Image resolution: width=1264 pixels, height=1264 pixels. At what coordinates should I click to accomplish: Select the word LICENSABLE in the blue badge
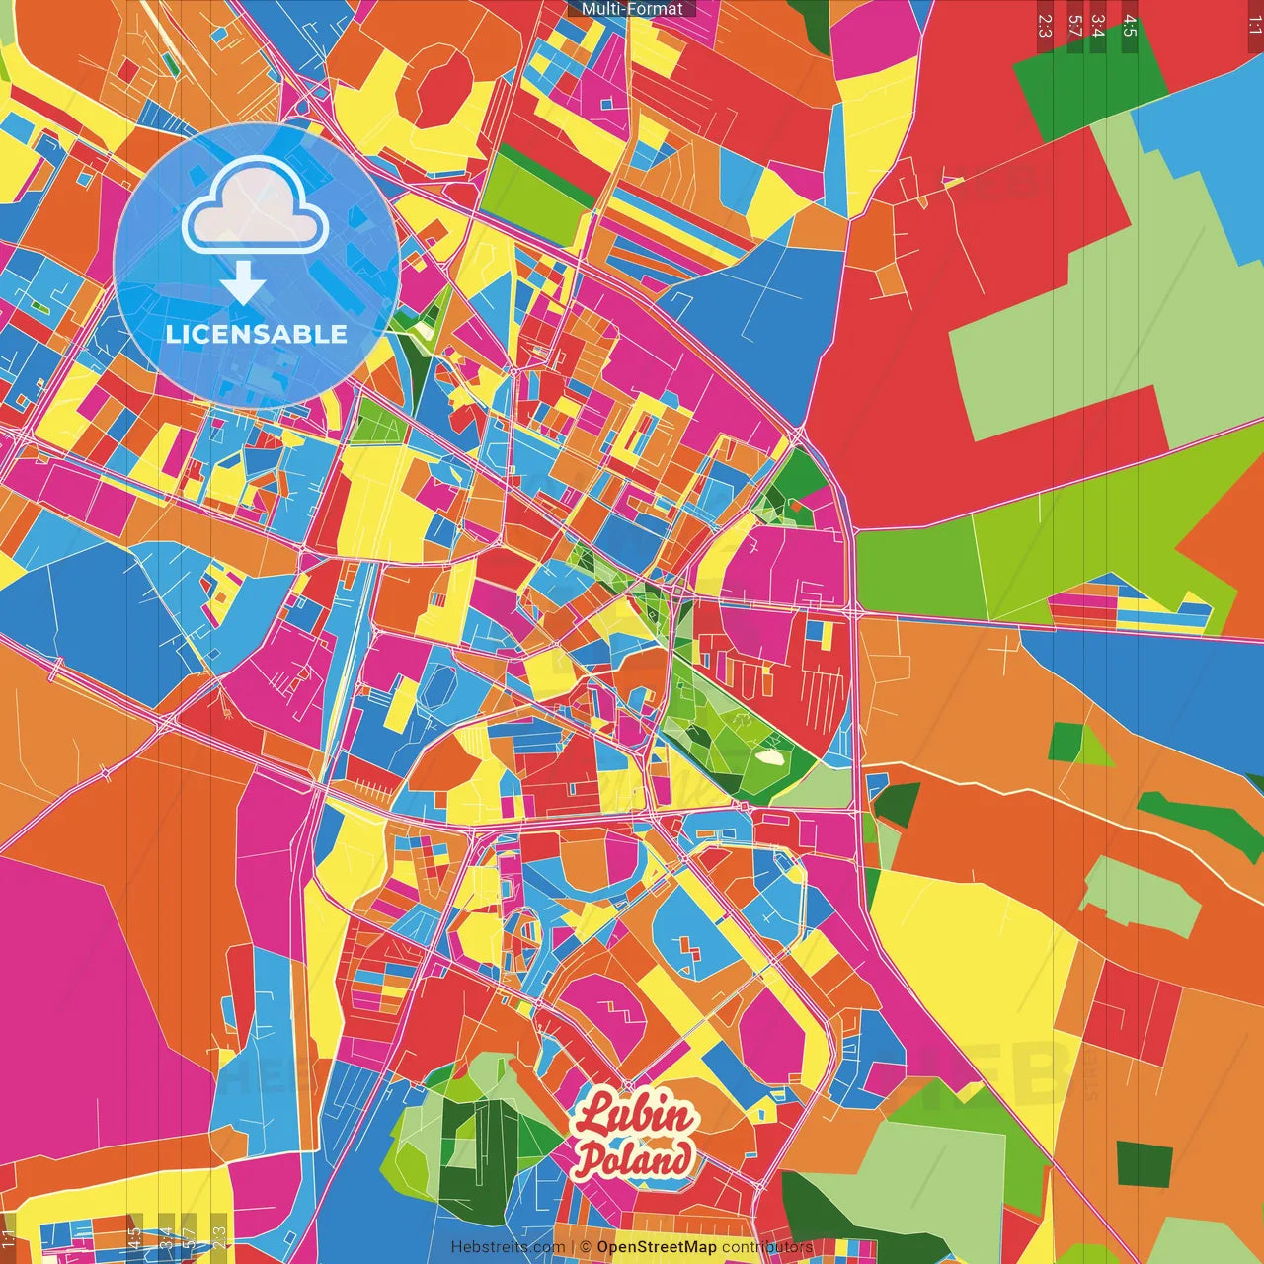pyautogui.click(x=257, y=334)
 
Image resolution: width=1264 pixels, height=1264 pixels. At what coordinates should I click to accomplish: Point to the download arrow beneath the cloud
pyautogui.click(x=243, y=286)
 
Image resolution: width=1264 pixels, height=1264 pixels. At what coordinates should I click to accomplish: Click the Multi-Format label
pyautogui.click(x=632, y=9)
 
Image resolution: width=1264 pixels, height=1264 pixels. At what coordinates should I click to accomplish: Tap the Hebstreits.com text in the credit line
pyautogui.click(x=508, y=1247)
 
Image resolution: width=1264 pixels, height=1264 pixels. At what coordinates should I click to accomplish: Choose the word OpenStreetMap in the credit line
pyautogui.click(x=656, y=1247)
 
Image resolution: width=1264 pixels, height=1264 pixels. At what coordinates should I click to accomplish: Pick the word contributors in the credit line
pyautogui.click(x=766, y=1247)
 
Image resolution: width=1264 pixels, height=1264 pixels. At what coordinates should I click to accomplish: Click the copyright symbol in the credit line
pyautogui.click(x=586, y=1247)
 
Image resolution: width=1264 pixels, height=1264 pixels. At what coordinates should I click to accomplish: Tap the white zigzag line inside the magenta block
pyautogui.click(x=619, y=1012)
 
